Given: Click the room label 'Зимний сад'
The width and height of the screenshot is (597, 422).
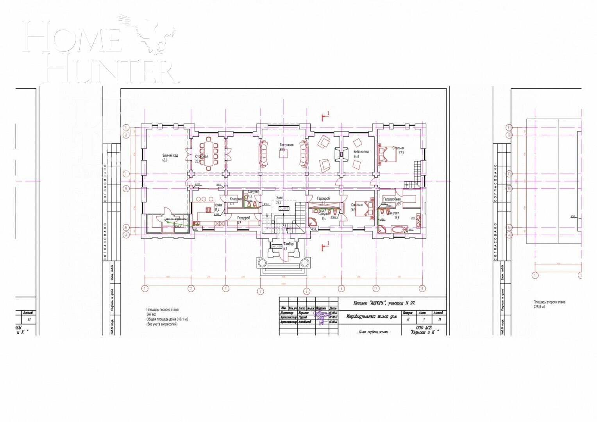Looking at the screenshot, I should tap(170, 156).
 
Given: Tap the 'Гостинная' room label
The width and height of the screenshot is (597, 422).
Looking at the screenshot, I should tap(286, 145).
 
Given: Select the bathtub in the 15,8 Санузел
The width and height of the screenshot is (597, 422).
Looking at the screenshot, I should tap(399, 229).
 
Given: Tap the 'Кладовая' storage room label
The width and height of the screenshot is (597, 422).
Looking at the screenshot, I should tap(236, 199).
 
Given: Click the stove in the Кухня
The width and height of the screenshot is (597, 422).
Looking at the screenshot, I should tap(197, 224).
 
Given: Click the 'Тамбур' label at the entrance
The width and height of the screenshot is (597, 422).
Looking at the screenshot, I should tap(288, 244).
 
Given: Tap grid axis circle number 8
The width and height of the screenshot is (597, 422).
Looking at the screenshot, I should tap(422, 289).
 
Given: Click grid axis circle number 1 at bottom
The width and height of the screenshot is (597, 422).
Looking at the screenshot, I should tap(145, 289).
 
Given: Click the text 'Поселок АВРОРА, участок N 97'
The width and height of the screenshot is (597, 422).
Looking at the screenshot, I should tap(384, 303).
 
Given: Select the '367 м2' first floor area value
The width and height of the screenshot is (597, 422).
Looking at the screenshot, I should tap(151, 315).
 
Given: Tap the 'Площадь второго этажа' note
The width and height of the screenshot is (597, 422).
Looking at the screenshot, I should tap(549, 302).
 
